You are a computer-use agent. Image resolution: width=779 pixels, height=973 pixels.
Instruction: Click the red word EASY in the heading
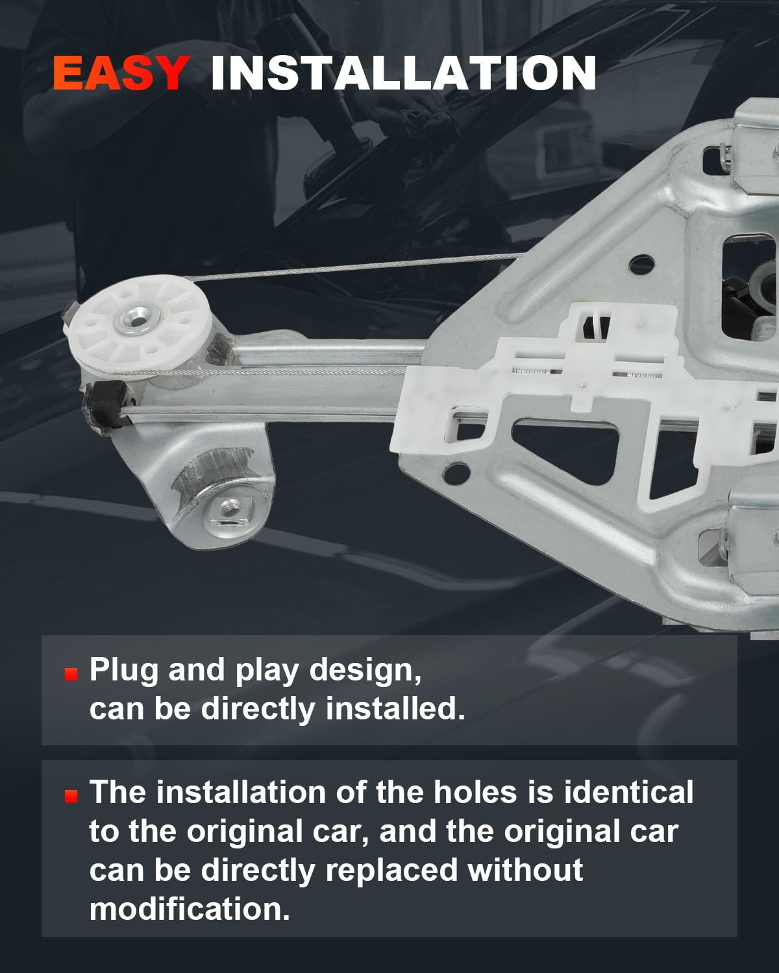click(120, 73)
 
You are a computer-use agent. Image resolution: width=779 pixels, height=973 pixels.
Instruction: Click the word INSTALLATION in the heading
click(403, 73)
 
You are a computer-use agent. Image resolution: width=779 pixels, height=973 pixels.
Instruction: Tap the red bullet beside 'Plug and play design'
click(71, 675)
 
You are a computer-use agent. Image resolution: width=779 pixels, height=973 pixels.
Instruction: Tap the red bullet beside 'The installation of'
click(71, 796)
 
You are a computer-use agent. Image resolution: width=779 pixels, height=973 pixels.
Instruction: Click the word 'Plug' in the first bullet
click(123, 671)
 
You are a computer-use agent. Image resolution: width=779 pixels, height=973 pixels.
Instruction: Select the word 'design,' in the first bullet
click(365, 671)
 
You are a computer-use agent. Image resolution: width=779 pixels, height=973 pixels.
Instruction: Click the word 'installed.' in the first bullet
click(395, 708)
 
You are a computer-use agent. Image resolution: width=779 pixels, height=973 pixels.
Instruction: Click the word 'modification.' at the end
click(190, 909)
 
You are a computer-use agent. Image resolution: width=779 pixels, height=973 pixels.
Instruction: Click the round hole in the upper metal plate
click(642, 264)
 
